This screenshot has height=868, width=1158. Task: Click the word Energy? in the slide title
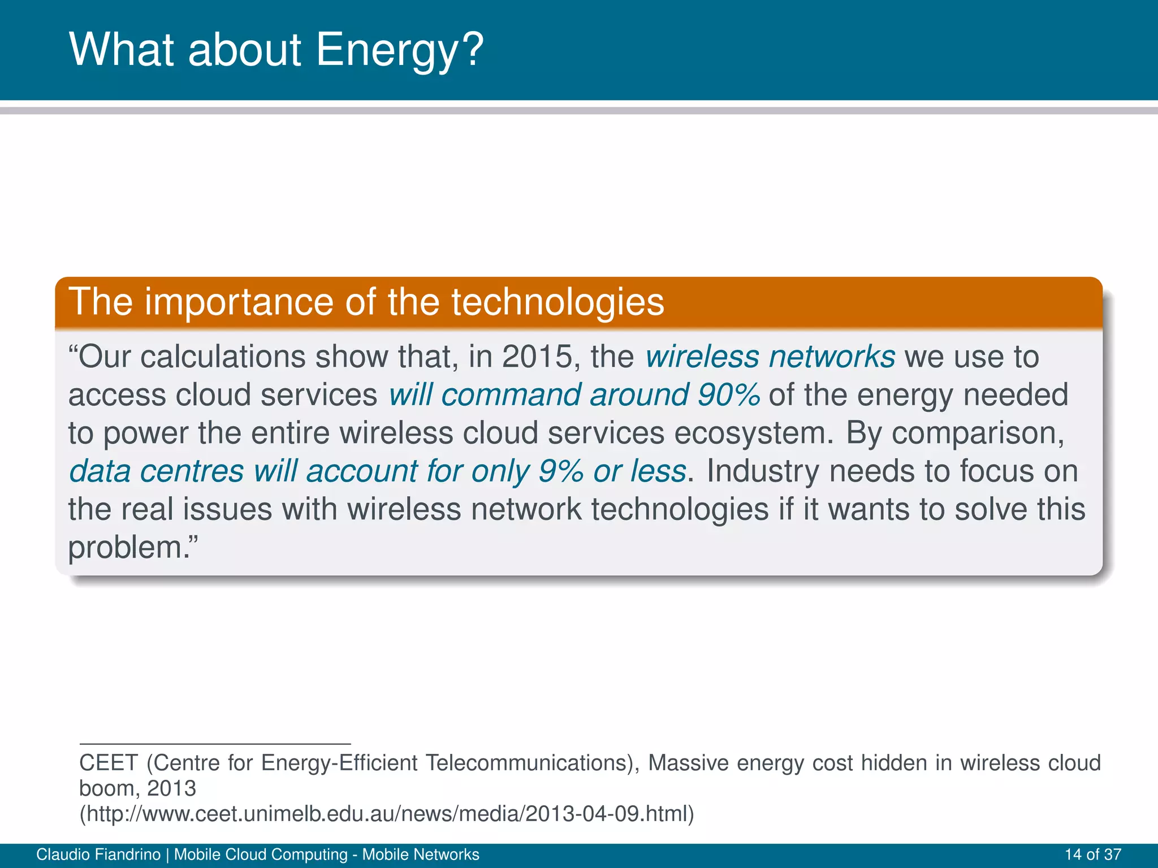399,50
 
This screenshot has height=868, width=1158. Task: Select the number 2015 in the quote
537,357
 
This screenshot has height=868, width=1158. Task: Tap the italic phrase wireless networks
770,357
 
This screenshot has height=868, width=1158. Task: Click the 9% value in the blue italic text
560,471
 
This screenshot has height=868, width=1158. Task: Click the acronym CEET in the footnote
108,763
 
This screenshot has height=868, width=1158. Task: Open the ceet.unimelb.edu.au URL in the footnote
386,814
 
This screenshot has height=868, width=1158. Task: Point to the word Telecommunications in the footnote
525,763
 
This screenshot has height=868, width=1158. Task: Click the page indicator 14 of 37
1092,854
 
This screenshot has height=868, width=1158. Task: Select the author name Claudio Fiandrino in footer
98,854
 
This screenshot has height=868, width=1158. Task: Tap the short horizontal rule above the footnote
215,744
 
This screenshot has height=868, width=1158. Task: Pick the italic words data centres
156,471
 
